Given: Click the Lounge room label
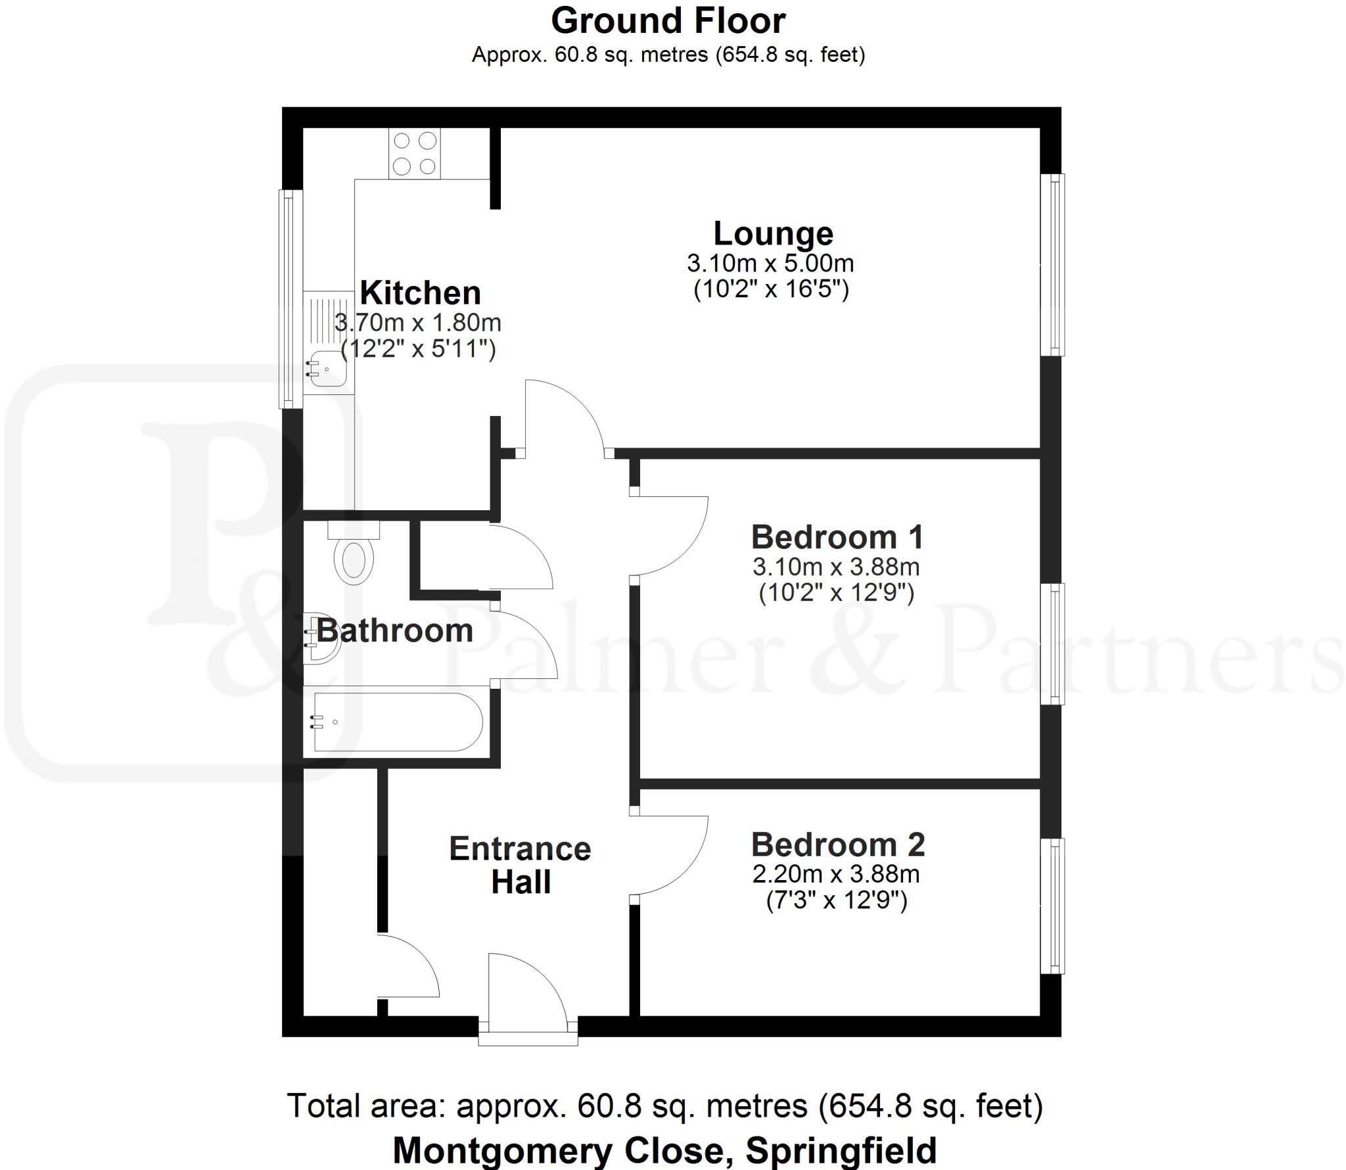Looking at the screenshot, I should (773, 234).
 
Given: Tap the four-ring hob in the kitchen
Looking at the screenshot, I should (414, 154).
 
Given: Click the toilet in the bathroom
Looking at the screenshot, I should (354, 556).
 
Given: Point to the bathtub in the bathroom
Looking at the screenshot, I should (397, 722).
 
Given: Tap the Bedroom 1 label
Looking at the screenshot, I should (837, 537).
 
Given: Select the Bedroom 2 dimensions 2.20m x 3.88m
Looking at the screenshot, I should (835, 874).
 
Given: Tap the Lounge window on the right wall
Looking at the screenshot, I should (1054, 264).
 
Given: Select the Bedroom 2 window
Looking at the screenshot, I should (1054, 905).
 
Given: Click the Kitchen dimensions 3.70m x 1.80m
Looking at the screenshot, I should (418, 323).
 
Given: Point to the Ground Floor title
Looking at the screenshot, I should (668, 21).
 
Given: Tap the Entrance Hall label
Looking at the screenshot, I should (520, 865).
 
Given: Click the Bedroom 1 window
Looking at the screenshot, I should (1054, 644).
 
